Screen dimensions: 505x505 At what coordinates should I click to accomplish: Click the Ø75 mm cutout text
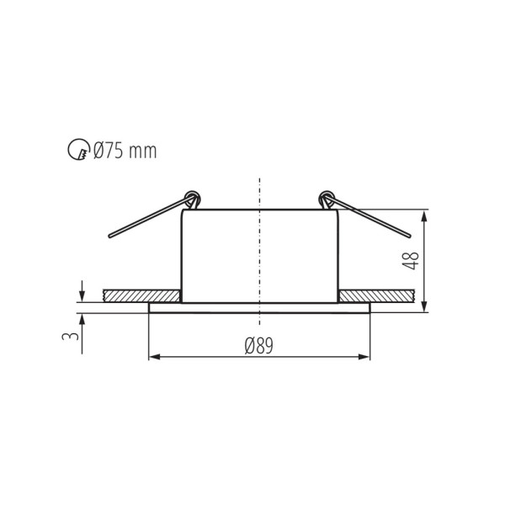click(125, 151)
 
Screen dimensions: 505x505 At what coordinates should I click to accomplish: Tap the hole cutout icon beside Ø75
click(77, 151)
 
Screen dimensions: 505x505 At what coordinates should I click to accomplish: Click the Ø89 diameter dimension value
click(259, 345)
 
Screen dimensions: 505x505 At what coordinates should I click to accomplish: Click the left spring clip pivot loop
click(192, 199)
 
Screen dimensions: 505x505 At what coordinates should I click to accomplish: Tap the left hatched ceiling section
click(141, 296)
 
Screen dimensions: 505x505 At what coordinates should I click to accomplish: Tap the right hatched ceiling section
click(376, 296)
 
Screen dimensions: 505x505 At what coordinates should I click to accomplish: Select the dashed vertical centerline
click(259, 252)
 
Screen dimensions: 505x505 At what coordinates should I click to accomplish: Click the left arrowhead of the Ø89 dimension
click(154, 358)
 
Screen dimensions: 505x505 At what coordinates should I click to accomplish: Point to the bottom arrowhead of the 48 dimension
click(425, 306)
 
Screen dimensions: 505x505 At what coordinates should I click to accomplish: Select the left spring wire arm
click(147, 219)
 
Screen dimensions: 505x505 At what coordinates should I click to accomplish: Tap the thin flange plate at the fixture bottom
click(259, 307)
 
